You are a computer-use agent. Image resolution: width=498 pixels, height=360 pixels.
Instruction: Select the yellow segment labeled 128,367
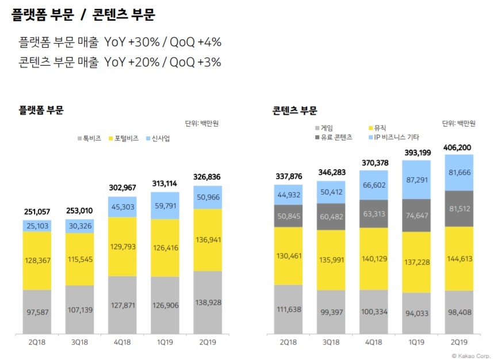37,261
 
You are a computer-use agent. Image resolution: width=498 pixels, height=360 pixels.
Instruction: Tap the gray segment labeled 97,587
37,312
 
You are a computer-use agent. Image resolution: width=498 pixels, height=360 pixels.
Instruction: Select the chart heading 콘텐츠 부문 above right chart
294,110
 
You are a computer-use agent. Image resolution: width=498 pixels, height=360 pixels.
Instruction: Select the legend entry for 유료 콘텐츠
336,137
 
